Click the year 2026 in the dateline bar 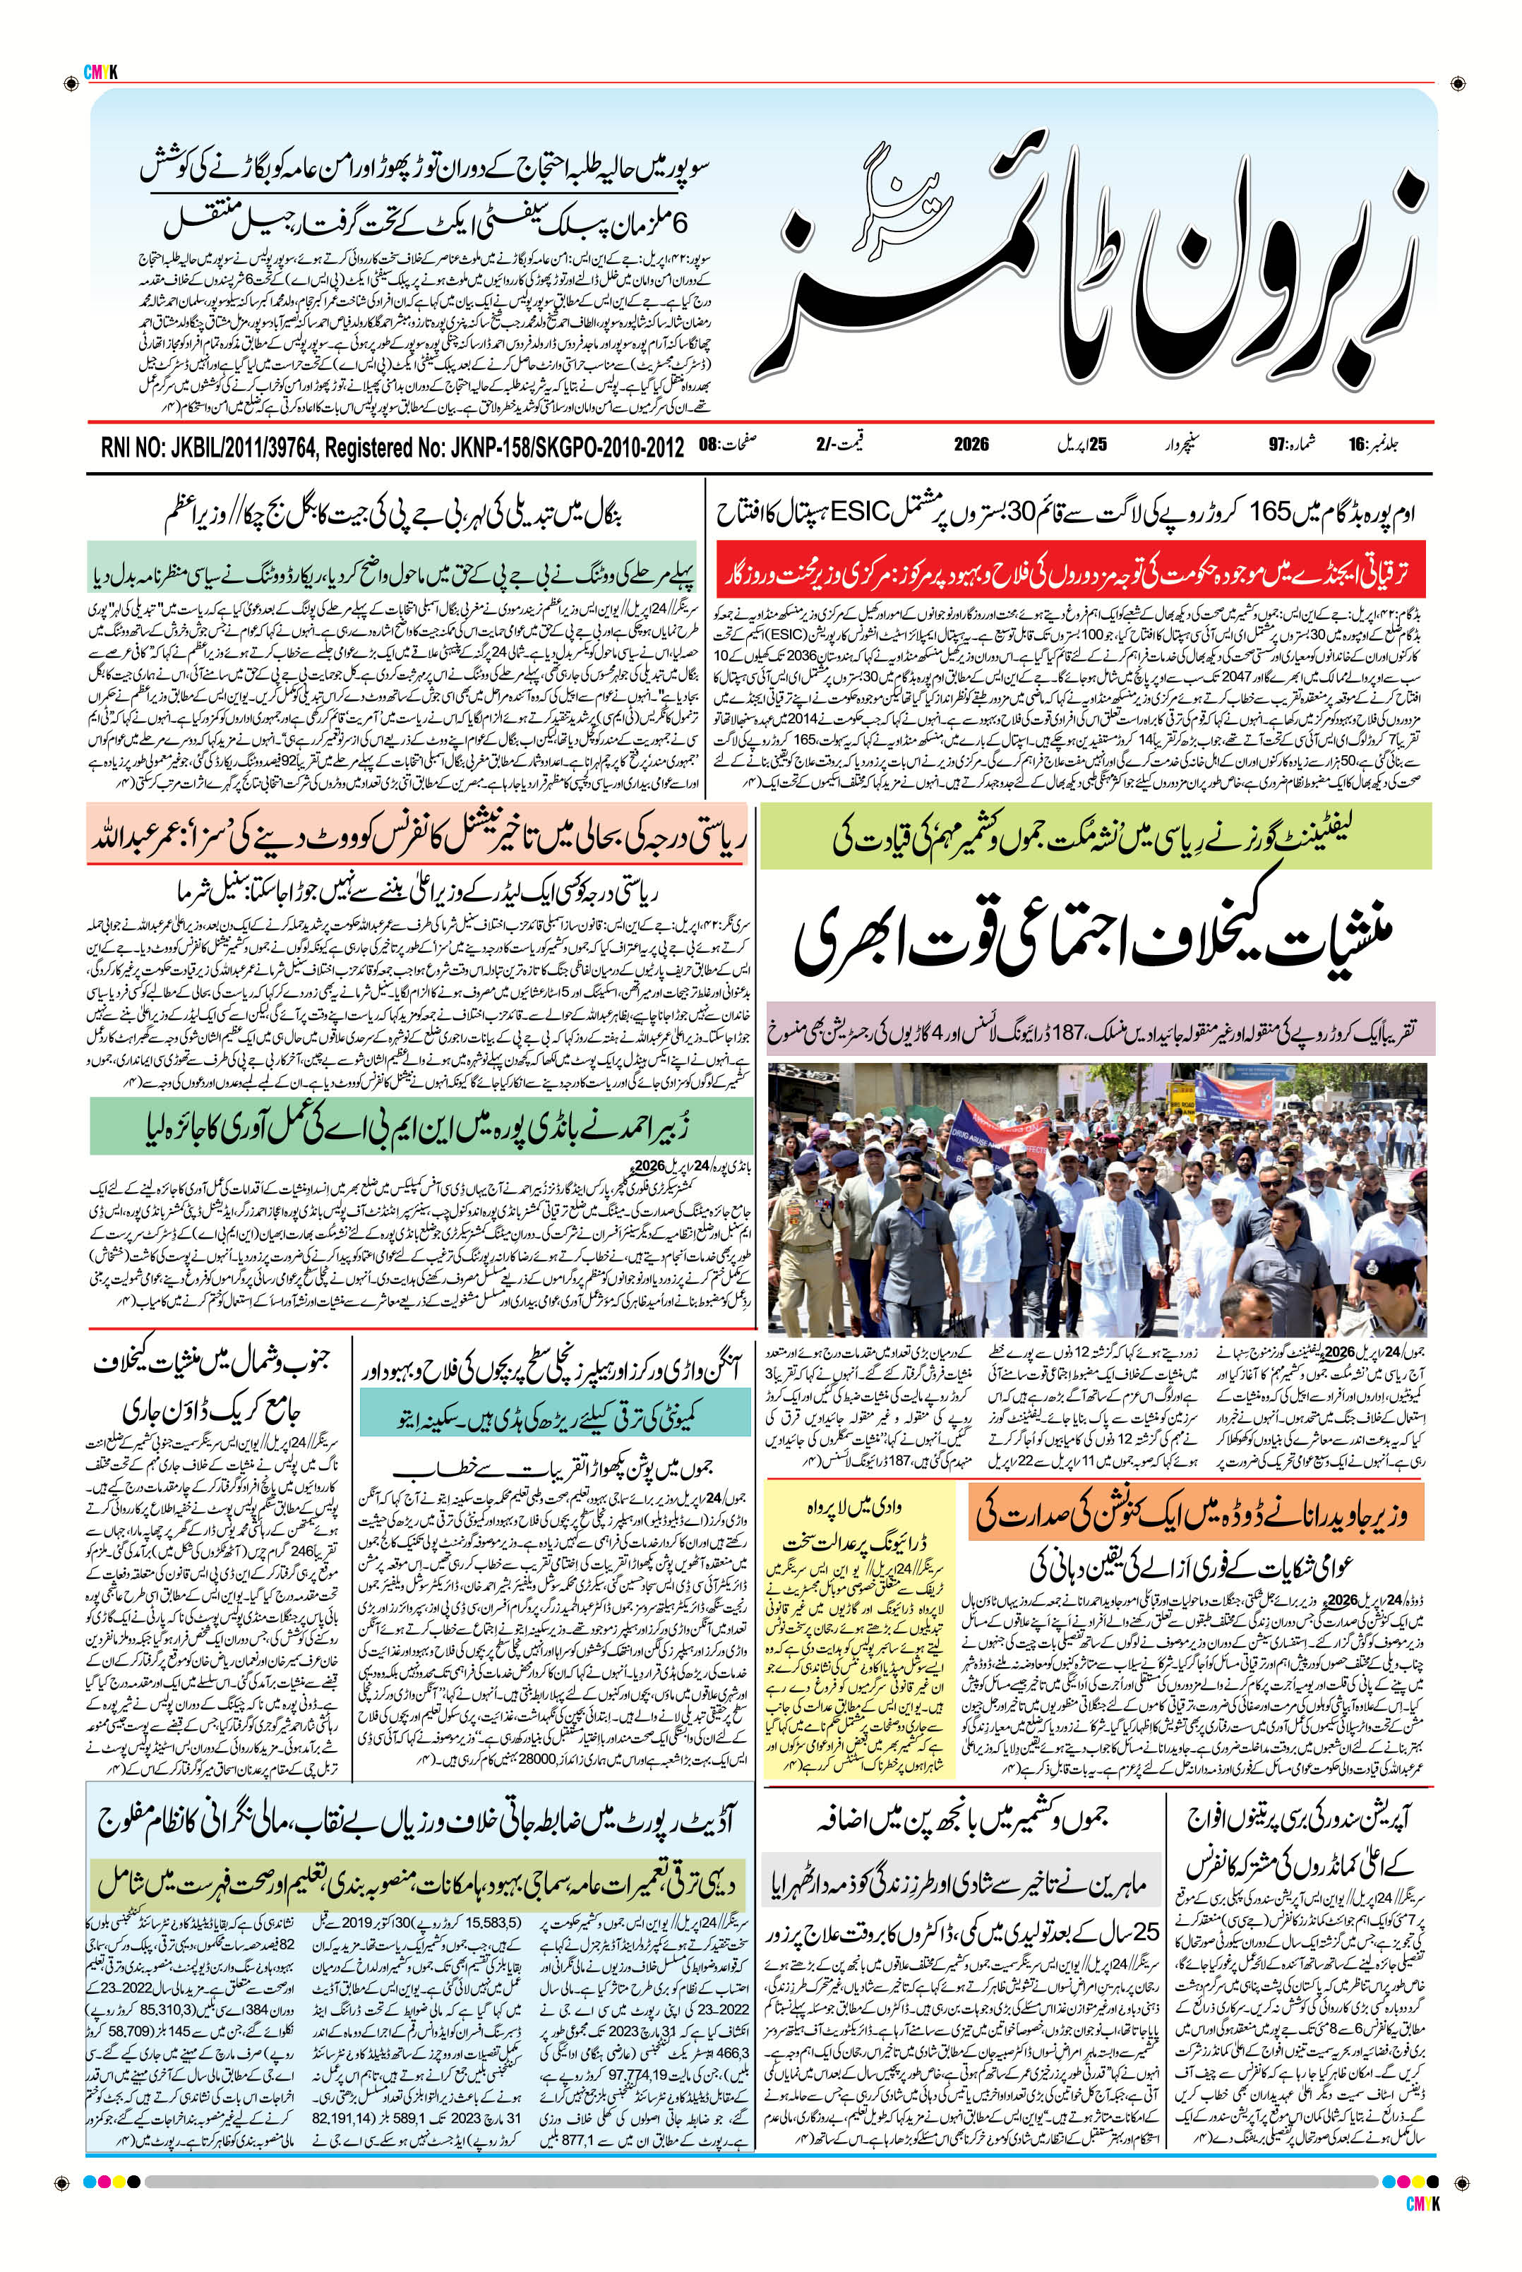(971, 445)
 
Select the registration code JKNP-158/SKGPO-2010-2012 (544, 447)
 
